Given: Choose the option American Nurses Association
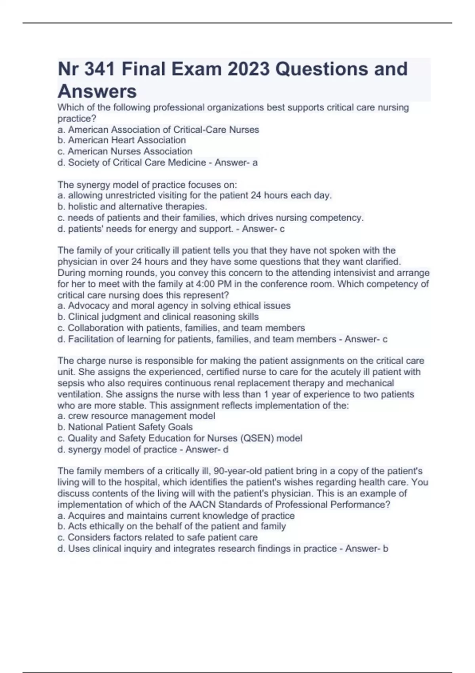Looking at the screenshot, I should tap(125, 151).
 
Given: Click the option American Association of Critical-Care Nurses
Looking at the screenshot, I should tap(158, 129).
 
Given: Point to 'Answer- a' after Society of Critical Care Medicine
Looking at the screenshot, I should tap(236, 162).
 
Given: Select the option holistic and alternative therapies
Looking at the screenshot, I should tap(133, 206).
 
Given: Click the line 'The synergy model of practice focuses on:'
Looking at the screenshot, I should tap(147, 184).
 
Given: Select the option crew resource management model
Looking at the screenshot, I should tap(137, 416).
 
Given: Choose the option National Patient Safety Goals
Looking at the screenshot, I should tap(125, 427).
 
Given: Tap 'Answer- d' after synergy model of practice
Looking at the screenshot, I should tap(207, 449).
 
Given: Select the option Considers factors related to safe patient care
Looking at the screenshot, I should tap(158, 537).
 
